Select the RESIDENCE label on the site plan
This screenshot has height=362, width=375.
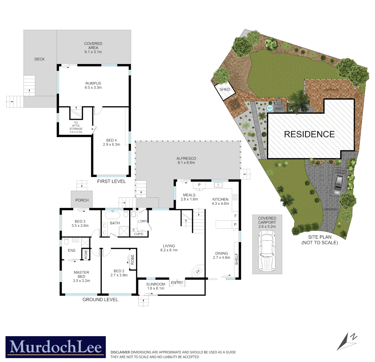[309, 134]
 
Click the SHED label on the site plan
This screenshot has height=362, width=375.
[225, 89]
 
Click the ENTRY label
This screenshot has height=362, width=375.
[177, 283]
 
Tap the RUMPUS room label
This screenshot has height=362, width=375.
[93, 83]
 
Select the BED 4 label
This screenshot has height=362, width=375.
[111, 140]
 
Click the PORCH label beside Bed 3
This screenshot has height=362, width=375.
[82, 200]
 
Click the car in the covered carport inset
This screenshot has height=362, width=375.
[267, 252]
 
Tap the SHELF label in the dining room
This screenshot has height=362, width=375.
[236, 259]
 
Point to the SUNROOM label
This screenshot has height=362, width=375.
[155, 284]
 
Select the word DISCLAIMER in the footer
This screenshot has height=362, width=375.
[120, 352]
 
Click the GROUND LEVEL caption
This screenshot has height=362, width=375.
[100, 300]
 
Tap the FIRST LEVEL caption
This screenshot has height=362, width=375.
[111, 181]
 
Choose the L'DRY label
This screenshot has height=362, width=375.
[143, 222]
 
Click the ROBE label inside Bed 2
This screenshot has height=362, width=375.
[132, 259]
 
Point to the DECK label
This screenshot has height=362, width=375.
[40, 59]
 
